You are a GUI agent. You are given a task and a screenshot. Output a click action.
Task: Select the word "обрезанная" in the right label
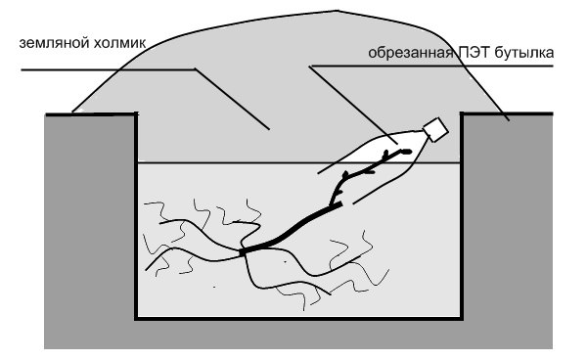tap(411, 53)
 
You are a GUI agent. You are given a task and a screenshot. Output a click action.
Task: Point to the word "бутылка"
tap(523, 52)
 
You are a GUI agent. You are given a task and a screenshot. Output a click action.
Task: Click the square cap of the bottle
tap(435, 129)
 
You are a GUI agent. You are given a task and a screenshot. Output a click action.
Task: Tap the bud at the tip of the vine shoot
tap(406, 152)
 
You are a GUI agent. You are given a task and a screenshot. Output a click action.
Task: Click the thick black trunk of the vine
tap(292, 229)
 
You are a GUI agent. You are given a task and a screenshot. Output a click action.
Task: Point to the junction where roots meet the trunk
tap(243, 252)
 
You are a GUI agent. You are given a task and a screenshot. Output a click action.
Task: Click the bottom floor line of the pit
tap(298, 319)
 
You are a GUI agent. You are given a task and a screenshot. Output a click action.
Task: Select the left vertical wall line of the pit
tap(136, 216)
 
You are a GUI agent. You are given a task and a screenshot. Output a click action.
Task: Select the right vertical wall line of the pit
tap(462, 216)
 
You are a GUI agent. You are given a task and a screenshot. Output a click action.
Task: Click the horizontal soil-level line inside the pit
tap(298, 162)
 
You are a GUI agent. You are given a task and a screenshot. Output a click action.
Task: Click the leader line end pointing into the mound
tap(269, 129)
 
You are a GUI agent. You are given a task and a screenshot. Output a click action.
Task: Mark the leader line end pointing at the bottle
tap(397, 143)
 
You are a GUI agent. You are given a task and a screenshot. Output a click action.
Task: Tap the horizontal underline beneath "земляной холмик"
tap(109, 69)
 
